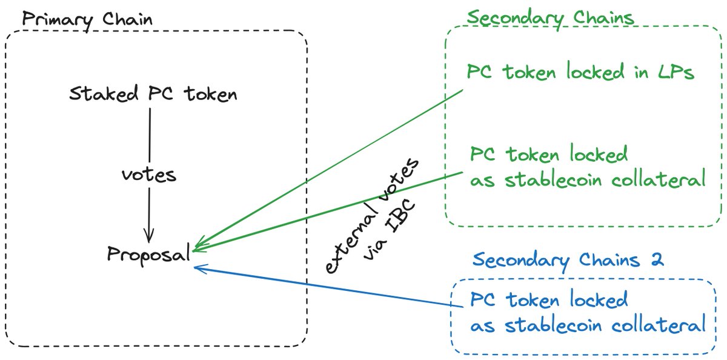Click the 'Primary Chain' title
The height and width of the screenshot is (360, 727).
tap(87, 20)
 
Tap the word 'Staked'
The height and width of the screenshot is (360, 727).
tap(104, 93)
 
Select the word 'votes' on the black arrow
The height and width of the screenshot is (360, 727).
tap(149, 175)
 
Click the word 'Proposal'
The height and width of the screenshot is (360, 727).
tap(148, 254)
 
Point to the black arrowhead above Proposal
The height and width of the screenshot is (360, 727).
tap(148, 235)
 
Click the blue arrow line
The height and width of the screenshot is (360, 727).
tap(328, 287)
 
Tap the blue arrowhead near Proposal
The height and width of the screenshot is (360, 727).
tap(199, 268)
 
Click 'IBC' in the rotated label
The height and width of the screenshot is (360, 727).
tap(401, 216)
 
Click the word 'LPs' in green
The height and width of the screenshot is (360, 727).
tap(676, 72)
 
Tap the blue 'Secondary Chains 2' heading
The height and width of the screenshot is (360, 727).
tap(568, 261)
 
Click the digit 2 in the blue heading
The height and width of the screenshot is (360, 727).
tap(657, 259)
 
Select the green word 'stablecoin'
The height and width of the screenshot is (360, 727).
tap(553, 179)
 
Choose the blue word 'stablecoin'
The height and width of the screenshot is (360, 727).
tap(553, 325)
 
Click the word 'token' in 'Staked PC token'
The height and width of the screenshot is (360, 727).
tap(210, 94)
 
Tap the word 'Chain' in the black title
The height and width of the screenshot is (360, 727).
tap(128, 19)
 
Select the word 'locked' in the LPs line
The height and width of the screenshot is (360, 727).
tap(596, 71)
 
